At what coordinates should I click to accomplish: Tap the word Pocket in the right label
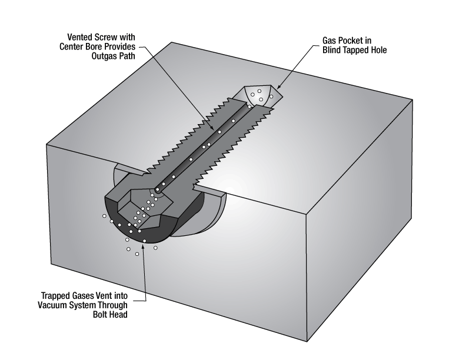(x=352, y=41)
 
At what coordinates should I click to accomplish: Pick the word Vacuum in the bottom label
(x=56, y=305)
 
